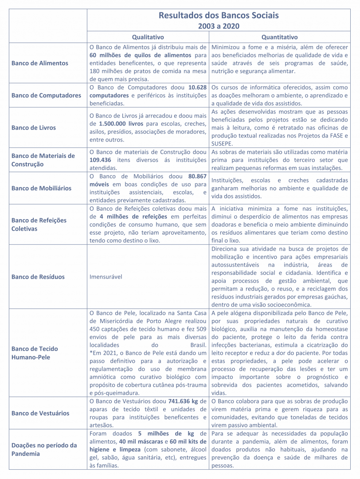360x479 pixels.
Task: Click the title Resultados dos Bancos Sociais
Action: point(219,16)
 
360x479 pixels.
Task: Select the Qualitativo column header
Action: point(148,37)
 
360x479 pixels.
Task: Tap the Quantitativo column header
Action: point(279,37)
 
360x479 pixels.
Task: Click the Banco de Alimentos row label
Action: point(40,63)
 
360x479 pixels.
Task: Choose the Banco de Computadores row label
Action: point(47,95)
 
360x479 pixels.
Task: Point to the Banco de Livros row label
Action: point(34,127)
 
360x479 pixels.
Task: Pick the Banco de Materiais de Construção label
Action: point(43,160)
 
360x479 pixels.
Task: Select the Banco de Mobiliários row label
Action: point(41,188)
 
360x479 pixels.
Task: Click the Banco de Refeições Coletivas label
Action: point(39,224)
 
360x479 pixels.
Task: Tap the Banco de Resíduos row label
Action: point(38,277)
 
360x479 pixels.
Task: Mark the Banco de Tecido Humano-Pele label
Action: point(35,353)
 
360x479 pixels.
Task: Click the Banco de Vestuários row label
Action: point(40,413)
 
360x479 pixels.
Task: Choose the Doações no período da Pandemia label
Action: point(44,449)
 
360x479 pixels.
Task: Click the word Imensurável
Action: point(106,277)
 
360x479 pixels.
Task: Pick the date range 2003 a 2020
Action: point(219,26)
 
